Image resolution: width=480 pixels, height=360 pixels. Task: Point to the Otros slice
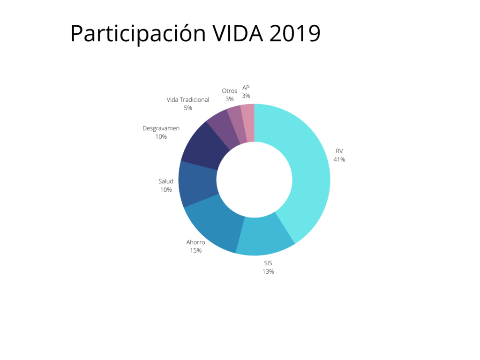point(236,121)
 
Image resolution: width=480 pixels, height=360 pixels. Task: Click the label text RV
point(339,151)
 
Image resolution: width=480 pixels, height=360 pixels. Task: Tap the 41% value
point(339,159)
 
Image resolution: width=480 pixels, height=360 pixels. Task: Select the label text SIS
point(268,263)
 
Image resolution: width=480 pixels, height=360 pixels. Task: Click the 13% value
point(268,271)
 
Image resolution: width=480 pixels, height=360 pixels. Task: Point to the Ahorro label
point(195,242)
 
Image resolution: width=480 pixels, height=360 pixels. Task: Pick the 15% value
point(195,251)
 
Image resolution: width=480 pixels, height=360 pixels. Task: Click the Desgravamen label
point(161,128)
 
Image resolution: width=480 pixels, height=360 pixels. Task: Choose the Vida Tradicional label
point(187,100)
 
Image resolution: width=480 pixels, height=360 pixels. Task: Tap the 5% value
point(188,108)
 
